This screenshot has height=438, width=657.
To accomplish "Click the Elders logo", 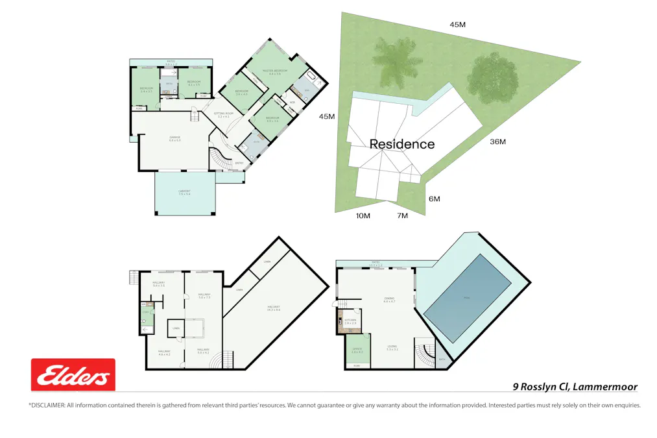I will (73, 375).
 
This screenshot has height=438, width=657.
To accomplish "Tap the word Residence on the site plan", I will (401, 144).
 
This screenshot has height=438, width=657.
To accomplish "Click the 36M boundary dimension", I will (497, 142).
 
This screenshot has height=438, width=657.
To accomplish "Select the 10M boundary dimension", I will (362, 215).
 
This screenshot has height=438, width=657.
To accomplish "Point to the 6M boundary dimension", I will (433, 199).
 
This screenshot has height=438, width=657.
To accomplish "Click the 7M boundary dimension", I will (402, 215).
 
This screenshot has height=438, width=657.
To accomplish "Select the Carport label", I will (185, 191).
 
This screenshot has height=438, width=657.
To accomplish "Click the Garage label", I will (174, 138).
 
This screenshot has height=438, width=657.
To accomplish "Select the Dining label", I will (389, 299).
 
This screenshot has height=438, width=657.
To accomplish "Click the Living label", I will (392, 347).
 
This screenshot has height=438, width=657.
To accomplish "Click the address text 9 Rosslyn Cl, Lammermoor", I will (575, 387).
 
